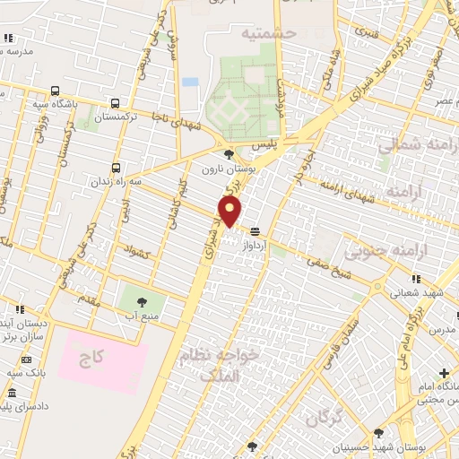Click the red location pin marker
click(x=230, y=212)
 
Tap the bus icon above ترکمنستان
click(x=115, y=103)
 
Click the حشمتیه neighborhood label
click(x=267, y=33)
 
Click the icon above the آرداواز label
click(x=255, y=230)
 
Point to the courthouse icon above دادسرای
click(x=12, y=394)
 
